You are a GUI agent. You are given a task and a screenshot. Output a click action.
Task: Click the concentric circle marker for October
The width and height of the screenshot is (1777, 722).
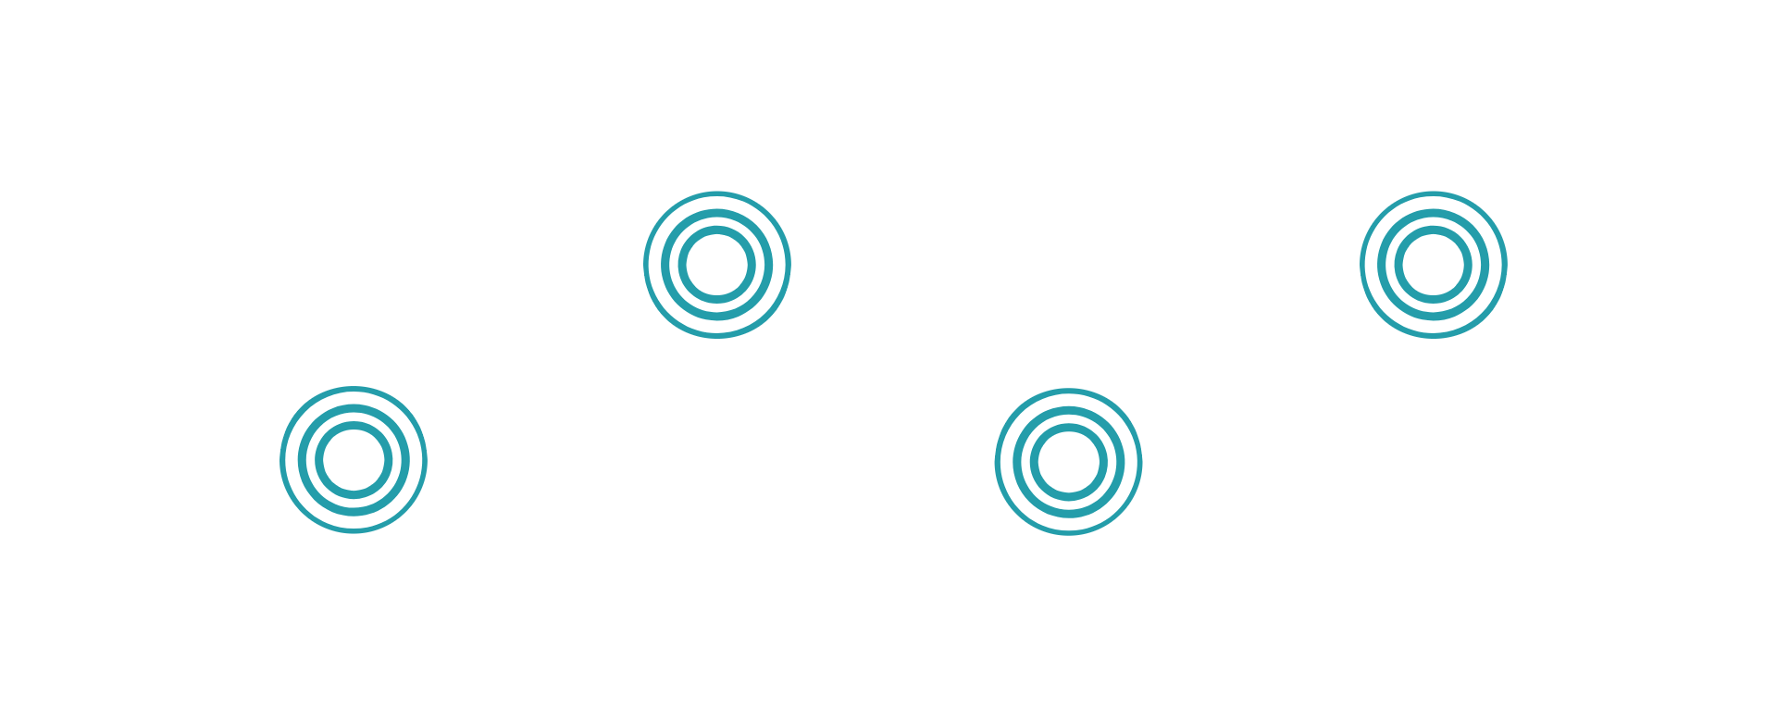354,460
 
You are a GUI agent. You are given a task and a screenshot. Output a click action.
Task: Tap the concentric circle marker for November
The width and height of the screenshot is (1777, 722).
717,266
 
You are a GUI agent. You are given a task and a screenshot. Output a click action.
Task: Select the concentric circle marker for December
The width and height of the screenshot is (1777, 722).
1068,462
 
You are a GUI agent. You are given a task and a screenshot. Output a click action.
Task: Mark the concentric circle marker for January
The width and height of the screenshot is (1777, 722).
1433,266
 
